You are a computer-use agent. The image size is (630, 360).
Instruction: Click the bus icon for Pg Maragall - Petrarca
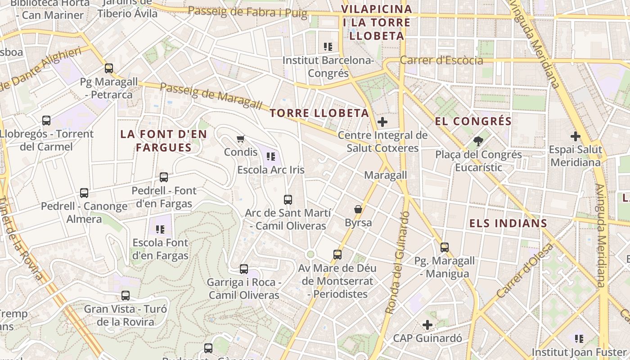click(x=109, y=68)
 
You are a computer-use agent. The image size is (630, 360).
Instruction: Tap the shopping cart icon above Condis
click(x=241, y=139)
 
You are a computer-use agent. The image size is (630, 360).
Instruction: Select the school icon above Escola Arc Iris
click(x=270, y=156)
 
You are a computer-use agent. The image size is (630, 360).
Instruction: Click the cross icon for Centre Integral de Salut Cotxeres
click(x=382, y=121)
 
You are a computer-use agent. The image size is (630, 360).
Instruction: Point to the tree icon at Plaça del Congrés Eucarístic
click(x=478, y=141)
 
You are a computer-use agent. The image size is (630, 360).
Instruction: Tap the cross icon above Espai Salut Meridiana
click(x=576, y=136)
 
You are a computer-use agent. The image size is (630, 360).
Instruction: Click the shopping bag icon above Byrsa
click(x=358, y=209)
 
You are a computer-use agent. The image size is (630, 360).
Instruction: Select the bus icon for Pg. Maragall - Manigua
click(x=445, y=247)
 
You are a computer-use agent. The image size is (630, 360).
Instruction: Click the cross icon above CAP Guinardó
click(x=427, y=324)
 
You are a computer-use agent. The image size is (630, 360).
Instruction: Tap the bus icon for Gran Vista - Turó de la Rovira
click(x=126, y=296)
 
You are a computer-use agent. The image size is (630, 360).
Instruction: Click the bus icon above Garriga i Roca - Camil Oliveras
click(x=244, y=269)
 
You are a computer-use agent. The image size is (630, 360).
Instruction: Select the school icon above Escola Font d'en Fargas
click(x=160, y=229)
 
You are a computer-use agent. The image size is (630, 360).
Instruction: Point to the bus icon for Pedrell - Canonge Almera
click(x=84, y=193)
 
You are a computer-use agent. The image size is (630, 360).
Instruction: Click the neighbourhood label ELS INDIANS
click(x=508, y=223)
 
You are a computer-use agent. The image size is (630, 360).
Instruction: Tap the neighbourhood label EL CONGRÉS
click(x=473, y=121)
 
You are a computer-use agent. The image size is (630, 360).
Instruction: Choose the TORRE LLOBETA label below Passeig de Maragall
click(x=319, y=113)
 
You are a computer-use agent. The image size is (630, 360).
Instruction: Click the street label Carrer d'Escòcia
click(x=441, y=60)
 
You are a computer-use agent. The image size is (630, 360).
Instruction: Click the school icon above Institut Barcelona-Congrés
click(x=328, y=46)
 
